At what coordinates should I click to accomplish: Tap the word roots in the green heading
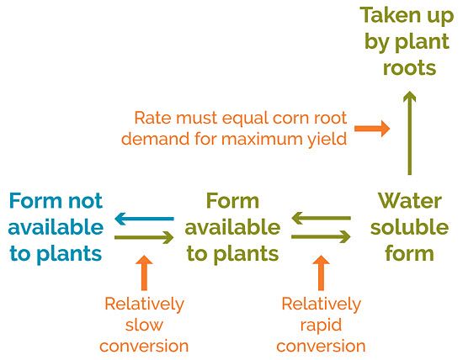tap(409, 66)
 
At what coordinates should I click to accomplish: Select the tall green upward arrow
tap(409, 135)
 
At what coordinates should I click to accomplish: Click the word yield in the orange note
tap(326, 139)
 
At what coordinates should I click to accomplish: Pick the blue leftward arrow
tap(144, 220)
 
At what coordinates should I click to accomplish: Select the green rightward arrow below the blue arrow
tap(144, 238)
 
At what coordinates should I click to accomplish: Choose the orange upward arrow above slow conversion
tap(146, 273)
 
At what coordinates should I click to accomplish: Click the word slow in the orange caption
tap(144, 324)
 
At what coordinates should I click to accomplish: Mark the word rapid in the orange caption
tap(322, 324)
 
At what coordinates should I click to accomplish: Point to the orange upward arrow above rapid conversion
tap(321, 273)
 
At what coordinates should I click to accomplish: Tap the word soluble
tap(406, 227)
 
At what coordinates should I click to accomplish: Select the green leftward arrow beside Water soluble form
tap(321, 220)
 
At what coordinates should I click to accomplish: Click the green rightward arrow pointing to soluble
tap(321, 238)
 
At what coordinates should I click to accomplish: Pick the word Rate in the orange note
tap(152, 118)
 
